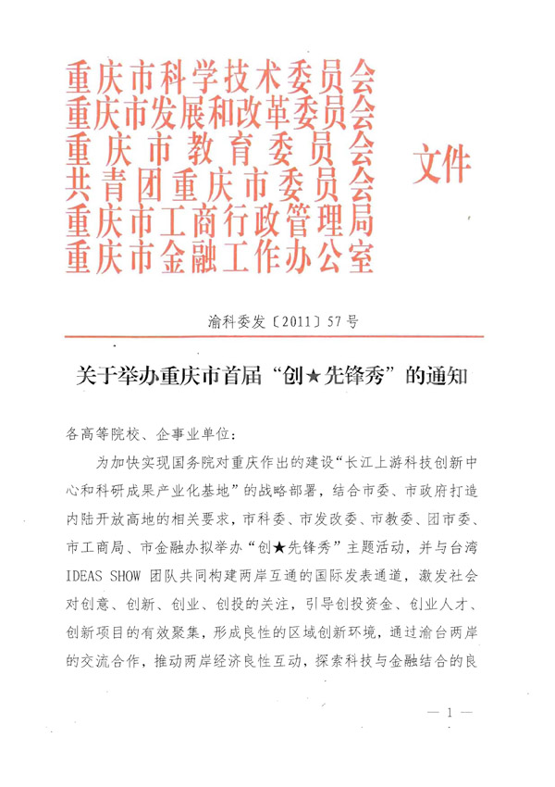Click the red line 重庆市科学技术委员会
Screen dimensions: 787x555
pyautogui.click(x=220, y=81)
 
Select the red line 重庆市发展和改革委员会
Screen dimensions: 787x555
pyautogui.click(x=220, y=116)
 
